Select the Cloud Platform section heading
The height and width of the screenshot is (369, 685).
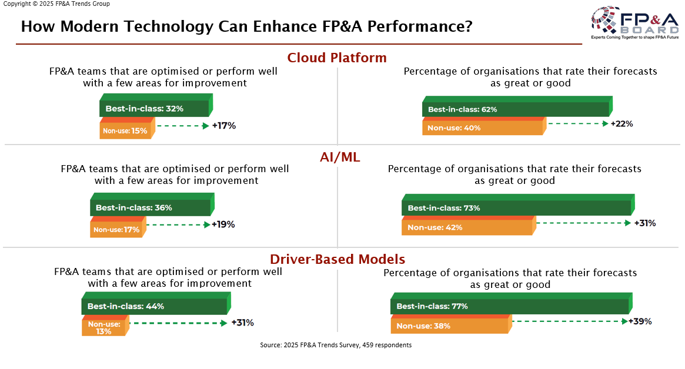pos(337,58)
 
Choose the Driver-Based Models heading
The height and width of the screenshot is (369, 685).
pos(338,259)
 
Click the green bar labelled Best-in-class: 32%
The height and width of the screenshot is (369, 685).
pos(154,108)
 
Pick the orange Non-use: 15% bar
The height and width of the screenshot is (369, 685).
pos(126,130)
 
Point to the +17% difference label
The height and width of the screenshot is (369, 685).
pos(224,126)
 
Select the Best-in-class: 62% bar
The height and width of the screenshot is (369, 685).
pos(515,109)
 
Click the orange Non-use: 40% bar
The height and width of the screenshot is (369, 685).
pos(482,128)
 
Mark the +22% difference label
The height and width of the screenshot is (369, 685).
pos(622,124)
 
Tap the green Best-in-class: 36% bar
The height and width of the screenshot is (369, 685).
pos(150,207)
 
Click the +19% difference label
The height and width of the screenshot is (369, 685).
pos(223,224)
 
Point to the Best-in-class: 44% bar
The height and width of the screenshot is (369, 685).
pos(154,306)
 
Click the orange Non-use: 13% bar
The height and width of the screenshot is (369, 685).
pos(104,327)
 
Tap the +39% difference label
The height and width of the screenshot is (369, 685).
pos(640,321)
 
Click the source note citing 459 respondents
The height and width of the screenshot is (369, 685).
pos(336,345)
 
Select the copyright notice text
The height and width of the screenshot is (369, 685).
pos(56,4)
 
